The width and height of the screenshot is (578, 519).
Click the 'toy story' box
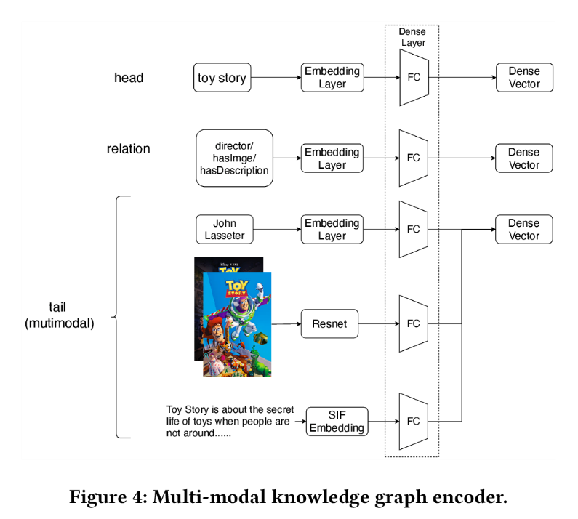[x=222, y=78]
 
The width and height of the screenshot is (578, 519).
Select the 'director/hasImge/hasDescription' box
[x=234, y=158]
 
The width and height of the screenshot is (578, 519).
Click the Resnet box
[x=330, y=323]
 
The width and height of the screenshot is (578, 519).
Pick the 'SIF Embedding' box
[x=337, y=421]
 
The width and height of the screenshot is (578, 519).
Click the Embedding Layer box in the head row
[x=332, y=78]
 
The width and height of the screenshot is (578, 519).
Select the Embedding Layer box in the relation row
[x=332, y=158]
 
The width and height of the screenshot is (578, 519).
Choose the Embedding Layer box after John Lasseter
[x=332, y=229]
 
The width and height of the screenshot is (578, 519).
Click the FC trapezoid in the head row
[x=414, y=78]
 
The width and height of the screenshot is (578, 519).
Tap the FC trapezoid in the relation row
[x=414, y=158]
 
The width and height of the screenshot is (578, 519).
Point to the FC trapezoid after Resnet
[x=414, y=323]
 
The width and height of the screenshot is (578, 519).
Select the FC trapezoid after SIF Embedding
[x=414, y=421]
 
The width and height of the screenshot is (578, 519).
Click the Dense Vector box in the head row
[x=523, y=78]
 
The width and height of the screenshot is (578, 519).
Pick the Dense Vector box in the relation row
[x=523, y=158]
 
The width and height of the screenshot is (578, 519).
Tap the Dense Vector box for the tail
[x=523, y=229]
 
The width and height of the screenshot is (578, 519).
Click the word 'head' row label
[x=129, y=78]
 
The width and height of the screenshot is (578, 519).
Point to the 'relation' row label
[x=128, y=149]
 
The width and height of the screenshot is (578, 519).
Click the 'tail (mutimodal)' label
[x=60, y=315]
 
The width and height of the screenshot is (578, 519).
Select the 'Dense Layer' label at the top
[x=412, y=37]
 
